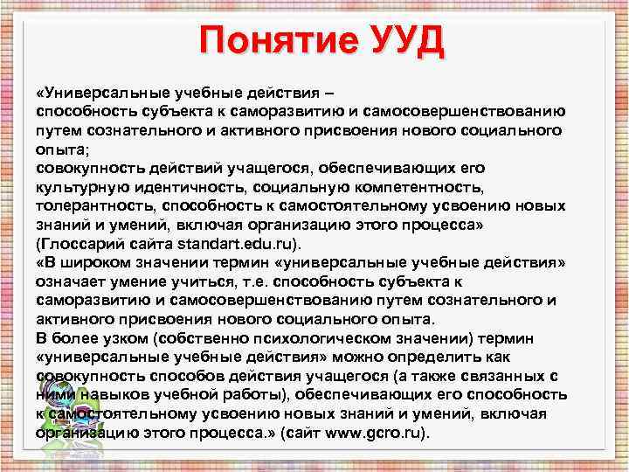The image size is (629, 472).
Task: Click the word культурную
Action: click(80, 186)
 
